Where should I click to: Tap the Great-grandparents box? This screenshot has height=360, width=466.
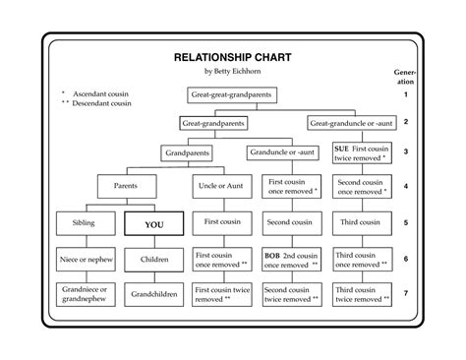click(x=213, y=124)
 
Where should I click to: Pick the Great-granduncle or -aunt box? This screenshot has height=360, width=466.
click(x=352, y=124)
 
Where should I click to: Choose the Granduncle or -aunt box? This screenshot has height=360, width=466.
click(x=281, y=152)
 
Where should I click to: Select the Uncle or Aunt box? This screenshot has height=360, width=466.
click(x=221, y=184)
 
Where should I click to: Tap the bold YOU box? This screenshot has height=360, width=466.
click(x=154, y=223)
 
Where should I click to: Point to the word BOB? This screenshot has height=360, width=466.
click(x=272, y=255)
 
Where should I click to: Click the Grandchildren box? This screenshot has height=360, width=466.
click(x=154, y=294)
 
